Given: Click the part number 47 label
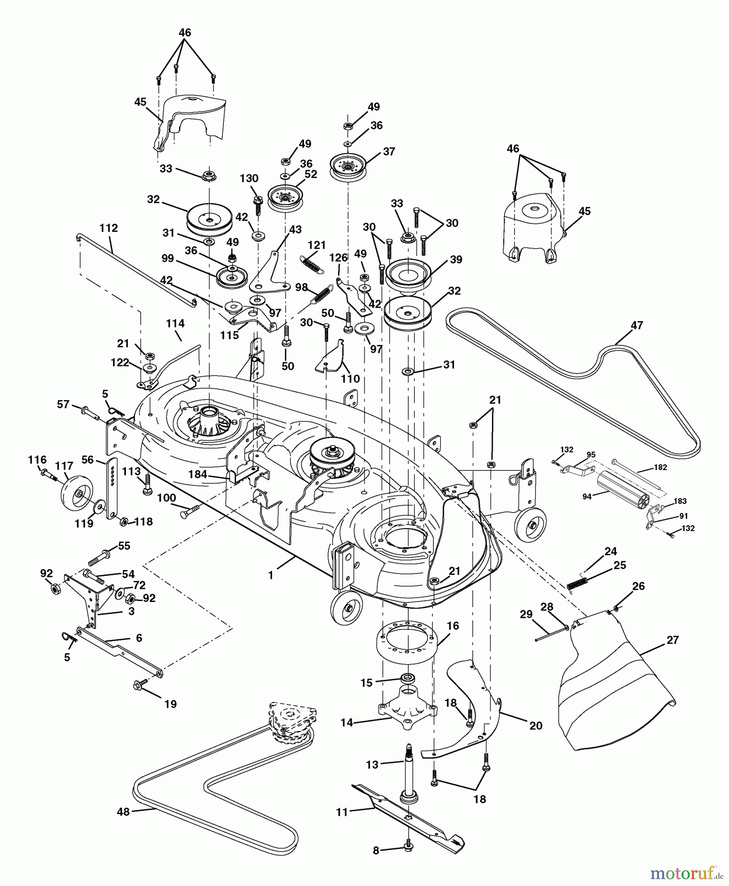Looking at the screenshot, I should tap(637, 326).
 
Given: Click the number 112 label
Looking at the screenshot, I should tap(108, 228).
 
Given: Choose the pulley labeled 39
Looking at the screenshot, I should tap(408, 273).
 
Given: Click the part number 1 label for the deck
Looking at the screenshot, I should tap(271, 574).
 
